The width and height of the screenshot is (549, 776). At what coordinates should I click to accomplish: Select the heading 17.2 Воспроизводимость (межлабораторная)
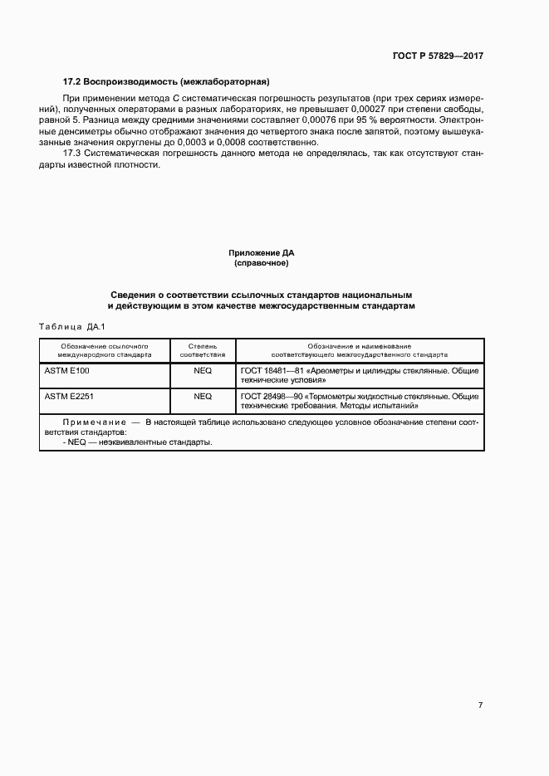point(167,81)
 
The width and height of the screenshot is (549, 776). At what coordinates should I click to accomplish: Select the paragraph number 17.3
point(73,153)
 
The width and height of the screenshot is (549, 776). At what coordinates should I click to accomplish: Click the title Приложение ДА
point(262,252)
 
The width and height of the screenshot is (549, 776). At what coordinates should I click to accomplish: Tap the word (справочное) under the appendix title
point(262,263)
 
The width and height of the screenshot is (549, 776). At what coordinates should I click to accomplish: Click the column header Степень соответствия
point(203,349)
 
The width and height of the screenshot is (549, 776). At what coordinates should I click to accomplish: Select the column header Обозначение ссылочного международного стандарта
point(105,349)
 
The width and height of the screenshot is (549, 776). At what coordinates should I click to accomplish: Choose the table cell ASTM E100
point(66,371)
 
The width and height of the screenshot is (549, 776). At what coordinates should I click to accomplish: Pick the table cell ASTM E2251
point(69,397)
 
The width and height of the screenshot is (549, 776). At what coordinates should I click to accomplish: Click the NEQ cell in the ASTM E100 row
point(203,371)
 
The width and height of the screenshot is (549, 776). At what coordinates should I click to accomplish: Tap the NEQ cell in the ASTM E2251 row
point(203,397)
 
